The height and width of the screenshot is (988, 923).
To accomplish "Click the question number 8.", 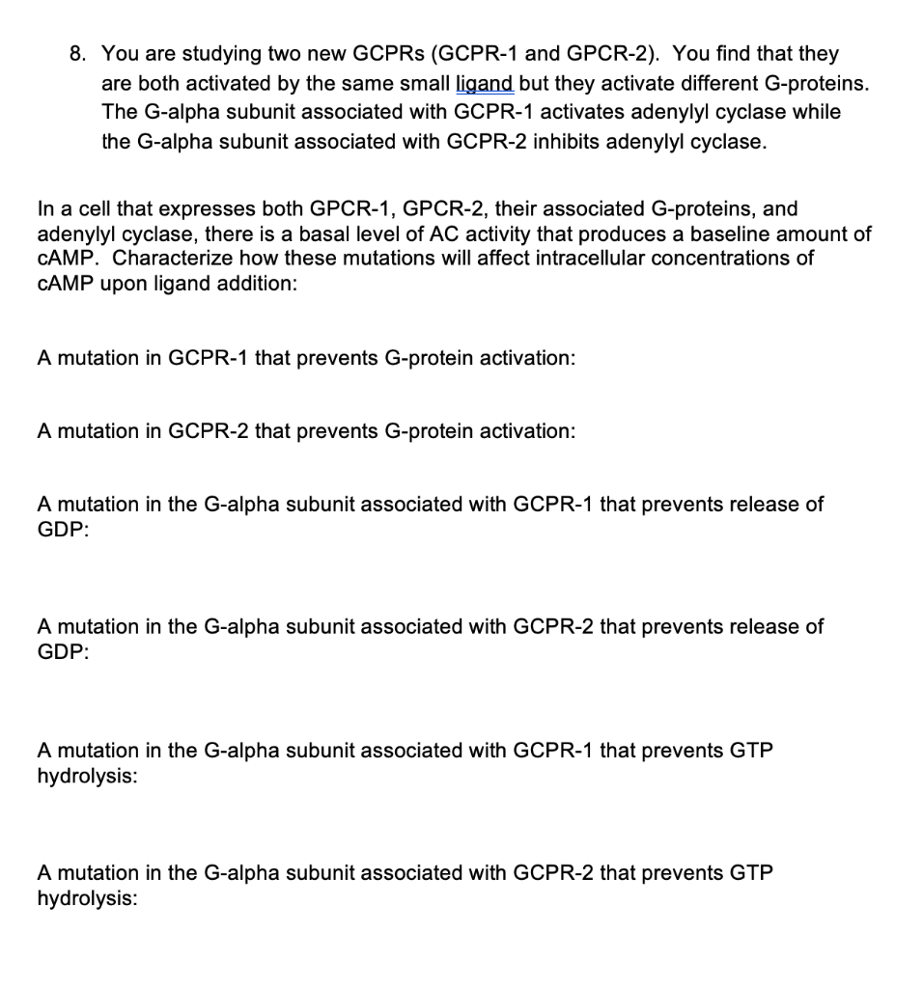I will (x=79, y=54).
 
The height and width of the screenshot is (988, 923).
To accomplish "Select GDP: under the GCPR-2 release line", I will (x=63, y=652).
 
